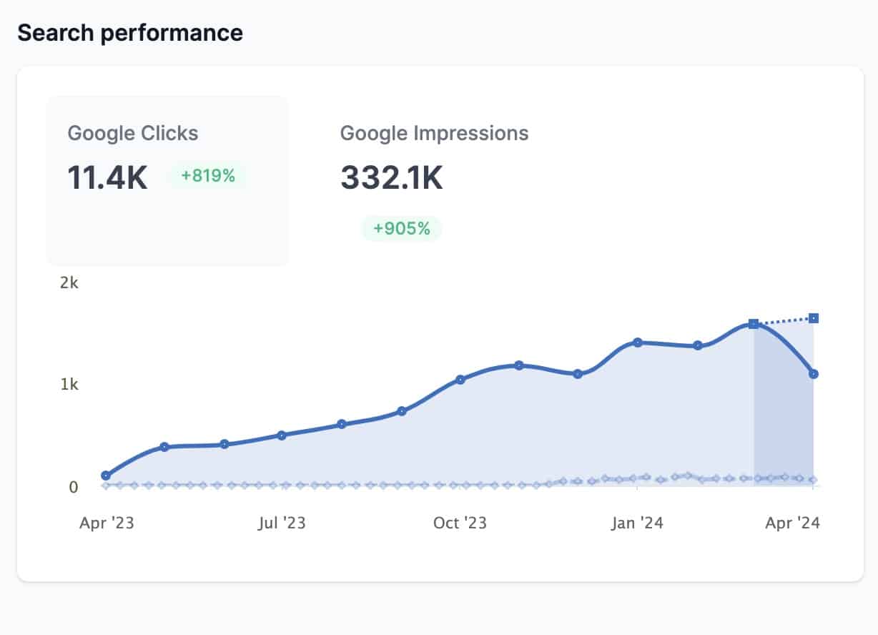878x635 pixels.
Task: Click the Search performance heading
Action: click(130, 33)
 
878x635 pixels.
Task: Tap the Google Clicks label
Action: click(133, 133)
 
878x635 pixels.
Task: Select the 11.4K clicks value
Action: click(107, 177)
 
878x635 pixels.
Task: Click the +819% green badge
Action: click(207, 175)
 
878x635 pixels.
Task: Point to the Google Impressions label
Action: click(434, 133)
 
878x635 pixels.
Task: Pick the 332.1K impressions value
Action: click(391, 177)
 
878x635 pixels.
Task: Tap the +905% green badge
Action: click(401, 229)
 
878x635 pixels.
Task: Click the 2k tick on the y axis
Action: click(69, 283)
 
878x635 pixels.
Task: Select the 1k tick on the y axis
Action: click(69, 385)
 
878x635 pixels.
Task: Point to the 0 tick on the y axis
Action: click(73, 487)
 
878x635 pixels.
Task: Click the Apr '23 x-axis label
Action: click(107, 523)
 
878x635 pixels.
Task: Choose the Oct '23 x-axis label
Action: click(460, 523)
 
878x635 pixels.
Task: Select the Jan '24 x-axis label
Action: click(637, 523)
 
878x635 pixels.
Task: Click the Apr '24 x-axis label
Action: click(792, 523)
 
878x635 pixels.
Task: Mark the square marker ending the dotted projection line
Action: click(814, 318)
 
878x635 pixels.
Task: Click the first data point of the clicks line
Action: click(107, 476)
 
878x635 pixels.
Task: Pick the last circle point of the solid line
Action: click(814, 374)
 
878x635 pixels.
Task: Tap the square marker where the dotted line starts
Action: click(754, 324)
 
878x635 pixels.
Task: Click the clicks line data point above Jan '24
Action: click(638, 343)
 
